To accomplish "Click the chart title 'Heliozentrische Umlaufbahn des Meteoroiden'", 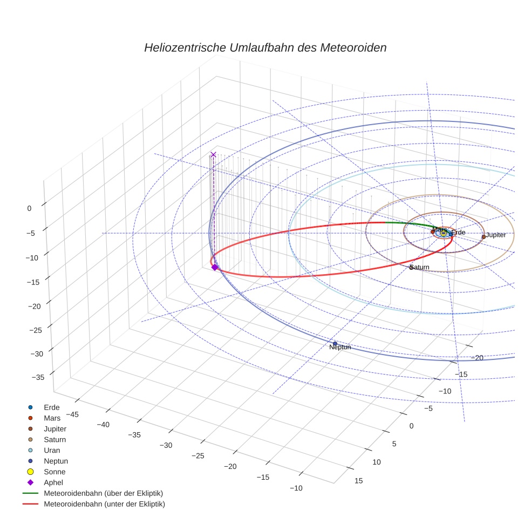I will [265, 47].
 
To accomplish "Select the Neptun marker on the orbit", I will [335, 344].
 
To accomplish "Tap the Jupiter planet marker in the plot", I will [484, 236].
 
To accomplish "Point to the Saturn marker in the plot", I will [411, 268].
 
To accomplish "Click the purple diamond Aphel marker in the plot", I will [214, 267].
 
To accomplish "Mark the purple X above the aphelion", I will [213, 155].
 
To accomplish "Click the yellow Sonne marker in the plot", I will [444, 233].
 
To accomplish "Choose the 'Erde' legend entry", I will [52, 407].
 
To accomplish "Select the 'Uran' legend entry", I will [52, 450].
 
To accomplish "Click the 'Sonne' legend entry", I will [55, 472].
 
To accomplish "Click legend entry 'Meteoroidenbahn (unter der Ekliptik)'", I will [104, 504].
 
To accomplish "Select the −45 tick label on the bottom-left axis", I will [71, 414].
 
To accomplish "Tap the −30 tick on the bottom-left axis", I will [166, 445].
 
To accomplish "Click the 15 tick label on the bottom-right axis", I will [359, 481].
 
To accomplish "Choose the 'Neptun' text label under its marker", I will [340, 348].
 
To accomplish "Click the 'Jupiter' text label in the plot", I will [496, 235].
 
